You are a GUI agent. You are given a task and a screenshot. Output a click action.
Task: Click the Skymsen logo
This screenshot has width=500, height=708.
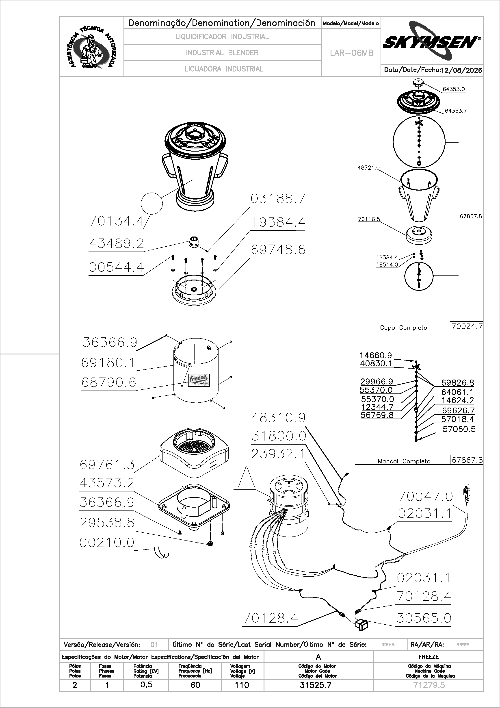pyautogui.click(x=432, y=41)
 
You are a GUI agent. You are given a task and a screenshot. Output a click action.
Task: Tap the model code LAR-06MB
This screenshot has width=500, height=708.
pyautogui.click(x=351, y=53)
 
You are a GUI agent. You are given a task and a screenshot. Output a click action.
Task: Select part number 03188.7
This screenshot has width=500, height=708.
pyautogui.click(x=278, y=199)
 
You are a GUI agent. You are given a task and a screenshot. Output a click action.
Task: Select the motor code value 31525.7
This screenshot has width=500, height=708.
pyautogui.click(x=315, y=685)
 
